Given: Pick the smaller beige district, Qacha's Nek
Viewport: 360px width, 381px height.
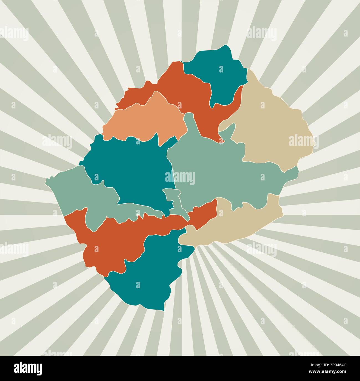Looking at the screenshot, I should coord(235,224).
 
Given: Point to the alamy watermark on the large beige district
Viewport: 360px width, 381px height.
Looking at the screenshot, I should coord(304,141).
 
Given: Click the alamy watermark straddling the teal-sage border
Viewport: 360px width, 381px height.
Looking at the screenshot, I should coord(180,178).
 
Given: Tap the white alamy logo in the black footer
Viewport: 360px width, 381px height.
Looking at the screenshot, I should coord(28,368).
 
